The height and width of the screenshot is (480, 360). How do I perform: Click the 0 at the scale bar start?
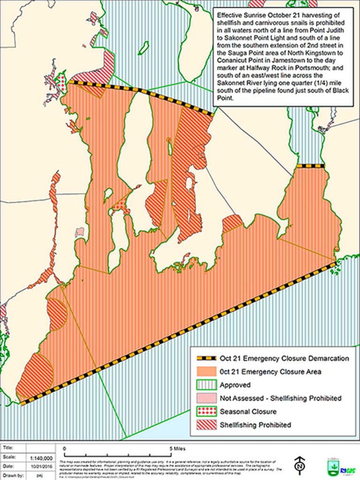click(x=64, y=448)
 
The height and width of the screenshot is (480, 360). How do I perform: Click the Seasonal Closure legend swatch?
click(x=203, y=412)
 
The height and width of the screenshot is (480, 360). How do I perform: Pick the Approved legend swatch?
click(x=203, y=385)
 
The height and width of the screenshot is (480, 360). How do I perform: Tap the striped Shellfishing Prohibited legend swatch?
click(x=203, y=425)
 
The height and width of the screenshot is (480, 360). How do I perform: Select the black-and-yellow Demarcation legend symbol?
click(x=203, y=359)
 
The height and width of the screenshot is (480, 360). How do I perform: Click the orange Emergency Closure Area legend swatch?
click(x=203, y=372)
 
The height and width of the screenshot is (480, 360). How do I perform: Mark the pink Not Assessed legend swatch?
click(x=203, y=398)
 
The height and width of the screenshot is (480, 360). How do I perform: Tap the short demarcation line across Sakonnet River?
click(x=311, y=165)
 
